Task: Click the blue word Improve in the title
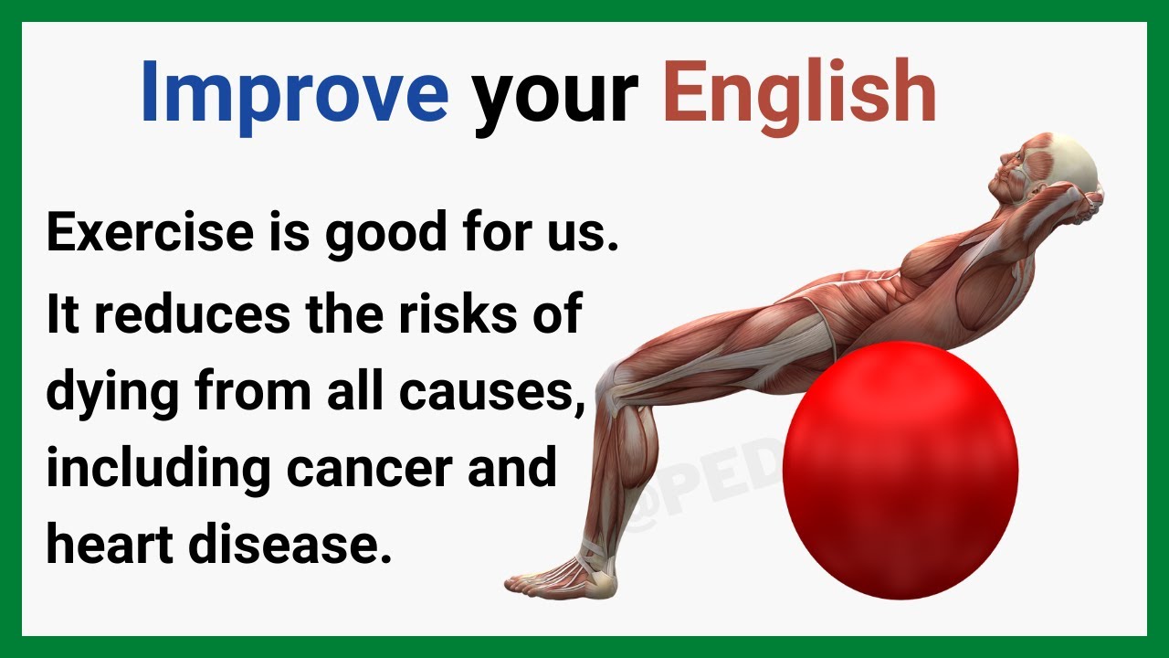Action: point(294,91)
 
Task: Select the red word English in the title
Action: point(799,95)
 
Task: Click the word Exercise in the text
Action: point(149,233)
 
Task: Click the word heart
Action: point(109,545)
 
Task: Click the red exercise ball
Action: point(900,471)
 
